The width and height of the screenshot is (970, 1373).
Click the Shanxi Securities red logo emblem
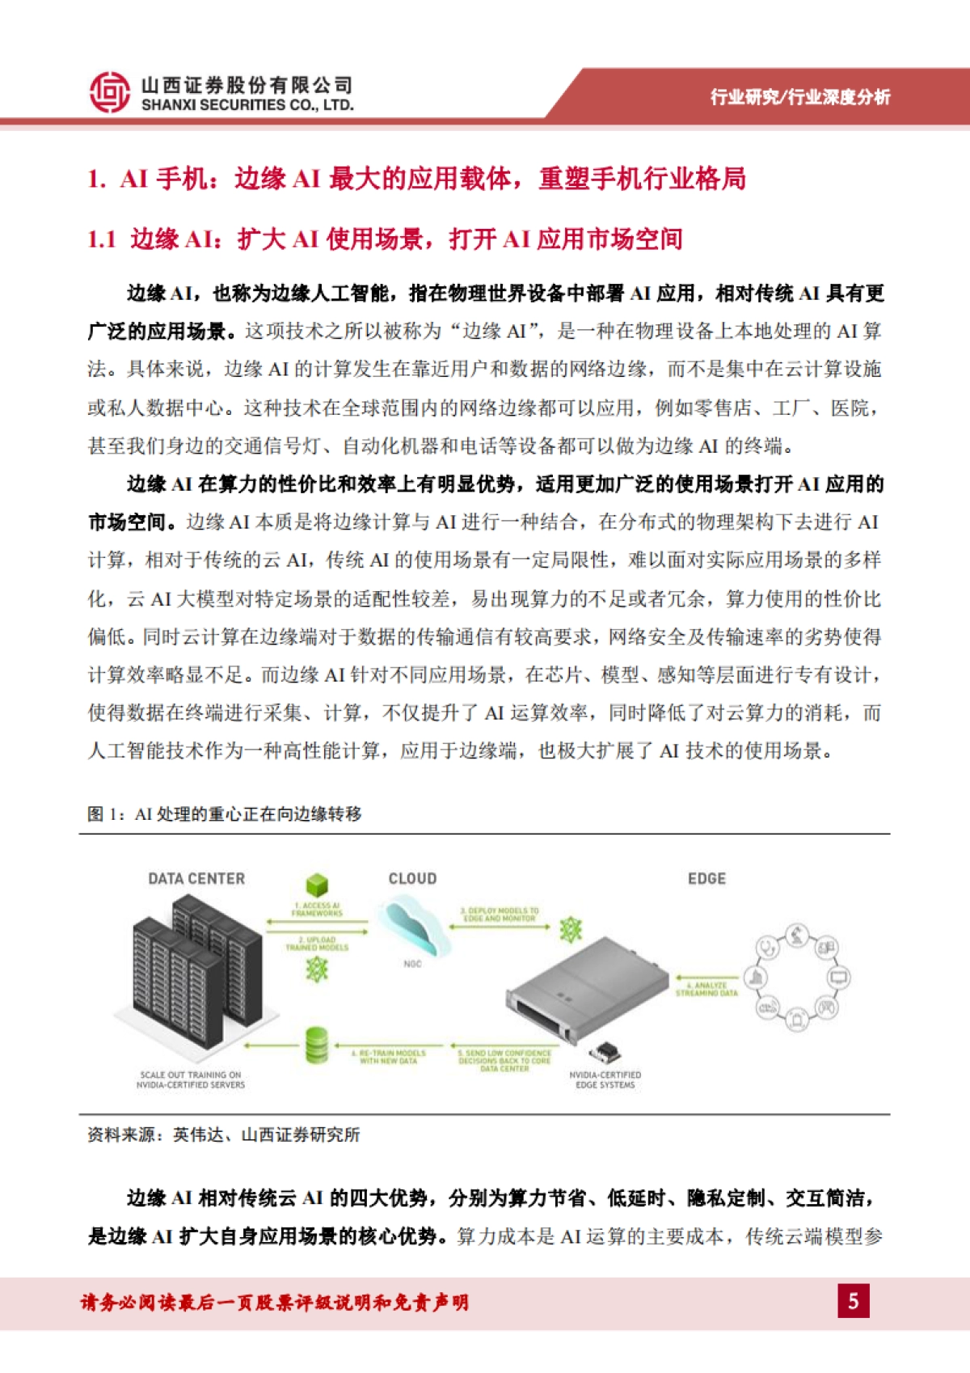110,91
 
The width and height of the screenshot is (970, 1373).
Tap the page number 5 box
853,1301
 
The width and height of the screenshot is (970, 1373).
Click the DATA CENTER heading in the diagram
196,879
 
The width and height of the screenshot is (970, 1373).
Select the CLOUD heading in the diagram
412,879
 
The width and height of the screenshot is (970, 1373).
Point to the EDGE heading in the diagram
706,879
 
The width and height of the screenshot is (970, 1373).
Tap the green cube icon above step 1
317,885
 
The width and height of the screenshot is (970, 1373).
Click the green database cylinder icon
317,1046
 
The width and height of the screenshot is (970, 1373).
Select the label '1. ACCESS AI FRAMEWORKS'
317,910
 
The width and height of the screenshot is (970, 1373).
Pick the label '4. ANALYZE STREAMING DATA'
706,989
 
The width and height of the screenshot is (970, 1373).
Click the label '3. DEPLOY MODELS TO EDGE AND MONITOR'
500,915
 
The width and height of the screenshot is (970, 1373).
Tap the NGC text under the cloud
412,964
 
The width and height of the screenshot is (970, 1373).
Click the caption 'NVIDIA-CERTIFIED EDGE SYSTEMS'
605,1080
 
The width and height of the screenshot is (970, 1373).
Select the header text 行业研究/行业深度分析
799,97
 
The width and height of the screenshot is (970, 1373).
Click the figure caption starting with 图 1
224,814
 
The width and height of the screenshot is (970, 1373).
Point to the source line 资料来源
224,1135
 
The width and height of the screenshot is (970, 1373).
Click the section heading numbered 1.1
385,239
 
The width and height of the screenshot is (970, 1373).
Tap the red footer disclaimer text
274,1303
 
